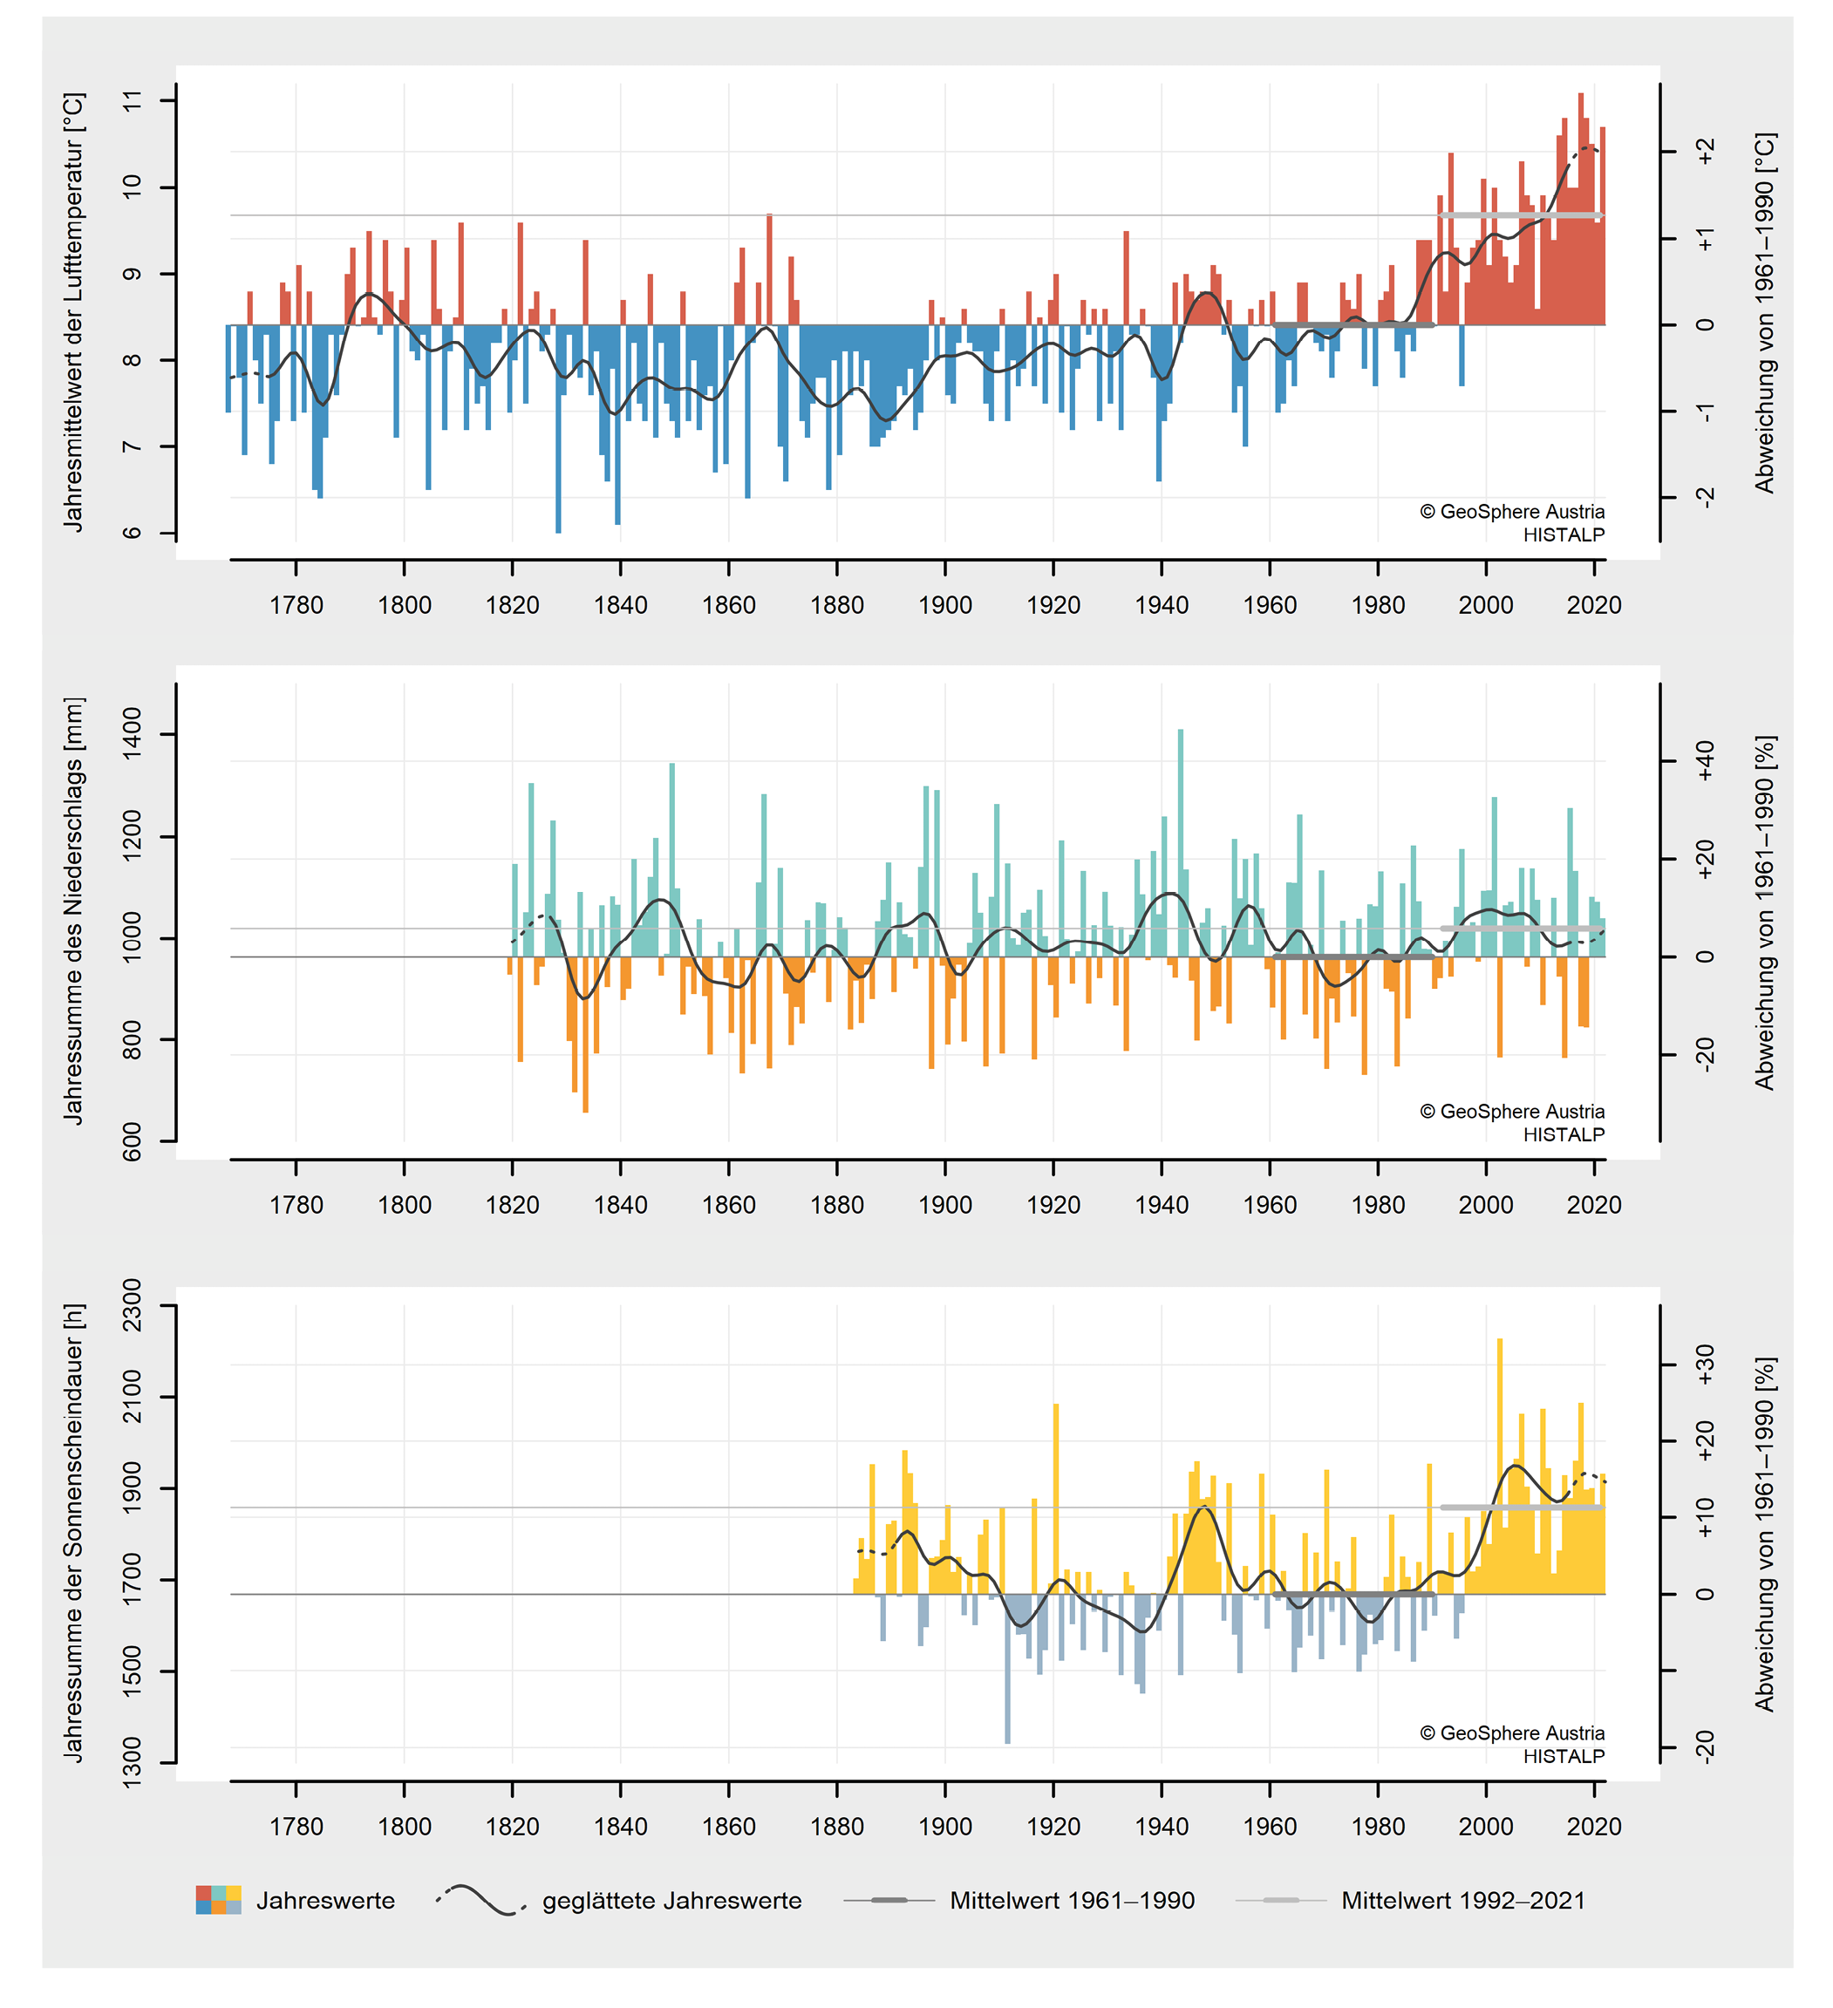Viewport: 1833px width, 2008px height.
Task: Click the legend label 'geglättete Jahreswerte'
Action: [x=671, y=1901]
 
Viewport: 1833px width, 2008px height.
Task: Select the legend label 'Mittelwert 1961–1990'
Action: [x=1072, y=1901]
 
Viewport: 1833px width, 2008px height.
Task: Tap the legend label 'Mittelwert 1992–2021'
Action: [x=1462, y=1901]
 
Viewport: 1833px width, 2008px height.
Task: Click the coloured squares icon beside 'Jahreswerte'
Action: [x=218, y=1899]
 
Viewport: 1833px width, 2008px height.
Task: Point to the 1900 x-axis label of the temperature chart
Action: [x=944, y=604]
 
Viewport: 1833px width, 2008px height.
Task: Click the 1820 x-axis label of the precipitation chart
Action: [x=512, y=1204]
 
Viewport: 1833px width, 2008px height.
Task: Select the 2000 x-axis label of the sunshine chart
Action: [x=1485, y=1826]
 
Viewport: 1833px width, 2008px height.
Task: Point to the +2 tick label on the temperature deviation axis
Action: [x=1706, y=152]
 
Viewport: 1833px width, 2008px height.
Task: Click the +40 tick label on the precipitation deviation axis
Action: [x=1706, y=762]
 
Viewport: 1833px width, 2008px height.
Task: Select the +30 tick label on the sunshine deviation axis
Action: [x=1706, y=1365]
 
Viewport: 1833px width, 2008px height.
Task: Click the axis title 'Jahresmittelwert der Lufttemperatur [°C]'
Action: [x=74, y=312]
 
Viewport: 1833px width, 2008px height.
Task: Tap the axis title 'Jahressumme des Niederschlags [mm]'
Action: [x=74, y=910]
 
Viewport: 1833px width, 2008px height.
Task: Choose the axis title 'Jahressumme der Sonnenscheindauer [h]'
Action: [x=74, y=1533]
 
